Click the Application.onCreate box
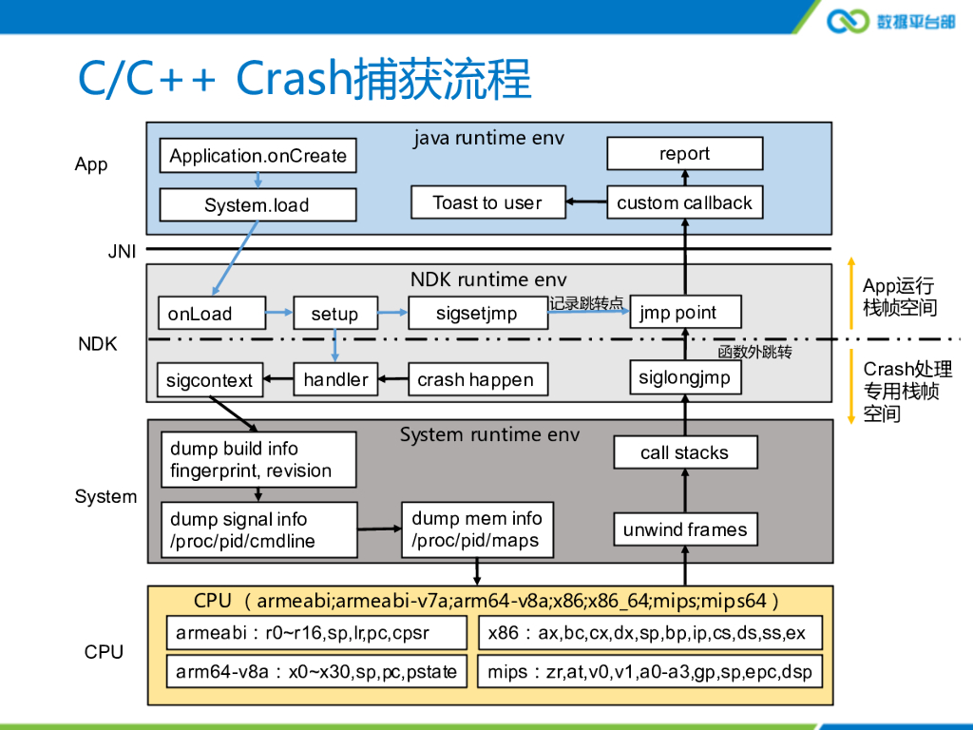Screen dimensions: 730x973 258,156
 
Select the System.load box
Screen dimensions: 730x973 258,205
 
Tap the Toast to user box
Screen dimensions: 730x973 487,202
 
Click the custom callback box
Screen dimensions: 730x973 684,202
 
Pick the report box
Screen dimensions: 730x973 684,154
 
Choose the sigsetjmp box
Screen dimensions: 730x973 477,314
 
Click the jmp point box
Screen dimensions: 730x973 684,313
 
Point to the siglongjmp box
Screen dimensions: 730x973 684,377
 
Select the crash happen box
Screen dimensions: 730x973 477,379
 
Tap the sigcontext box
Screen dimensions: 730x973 210,380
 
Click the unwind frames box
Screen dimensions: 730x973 684,529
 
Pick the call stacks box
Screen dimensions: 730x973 684,452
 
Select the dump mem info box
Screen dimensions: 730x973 477,529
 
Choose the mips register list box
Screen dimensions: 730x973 650,672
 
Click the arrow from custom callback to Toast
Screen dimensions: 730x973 586,202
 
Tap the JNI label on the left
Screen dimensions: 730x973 122,253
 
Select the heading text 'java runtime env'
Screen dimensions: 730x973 488,138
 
